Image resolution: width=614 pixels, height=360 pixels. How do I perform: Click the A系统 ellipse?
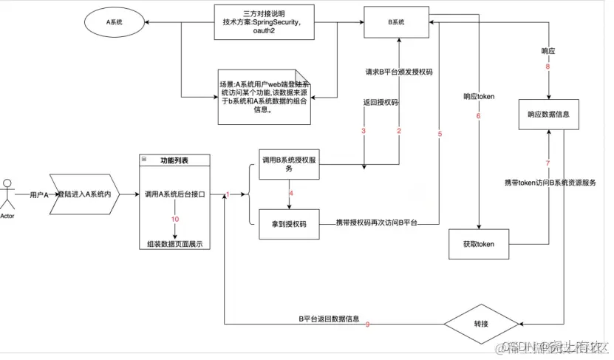tap(115, 23)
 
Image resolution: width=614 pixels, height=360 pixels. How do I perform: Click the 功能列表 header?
tap(175, 160)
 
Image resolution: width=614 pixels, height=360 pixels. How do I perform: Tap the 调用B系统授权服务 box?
tap(288, 163)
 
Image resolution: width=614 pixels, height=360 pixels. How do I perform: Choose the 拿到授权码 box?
tap(288, 223)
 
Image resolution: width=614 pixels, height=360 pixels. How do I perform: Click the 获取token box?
tap(479, 244)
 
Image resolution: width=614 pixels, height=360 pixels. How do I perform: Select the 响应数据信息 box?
tap(548, 115)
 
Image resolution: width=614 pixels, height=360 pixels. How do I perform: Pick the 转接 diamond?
tap(481, 325)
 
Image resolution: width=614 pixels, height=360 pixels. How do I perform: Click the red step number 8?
tap(548, 67)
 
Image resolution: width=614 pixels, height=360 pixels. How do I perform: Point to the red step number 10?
tap(175, 220)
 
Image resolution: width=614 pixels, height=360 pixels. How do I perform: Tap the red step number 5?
tap(440, 135)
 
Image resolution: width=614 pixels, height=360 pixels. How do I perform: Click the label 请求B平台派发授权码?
tap(398, 72)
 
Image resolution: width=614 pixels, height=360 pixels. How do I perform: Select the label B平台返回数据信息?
tap(329, 319)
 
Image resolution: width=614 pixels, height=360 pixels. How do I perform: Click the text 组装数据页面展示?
tap(175, 244)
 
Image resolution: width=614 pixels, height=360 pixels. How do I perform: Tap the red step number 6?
tap(479, 115)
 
